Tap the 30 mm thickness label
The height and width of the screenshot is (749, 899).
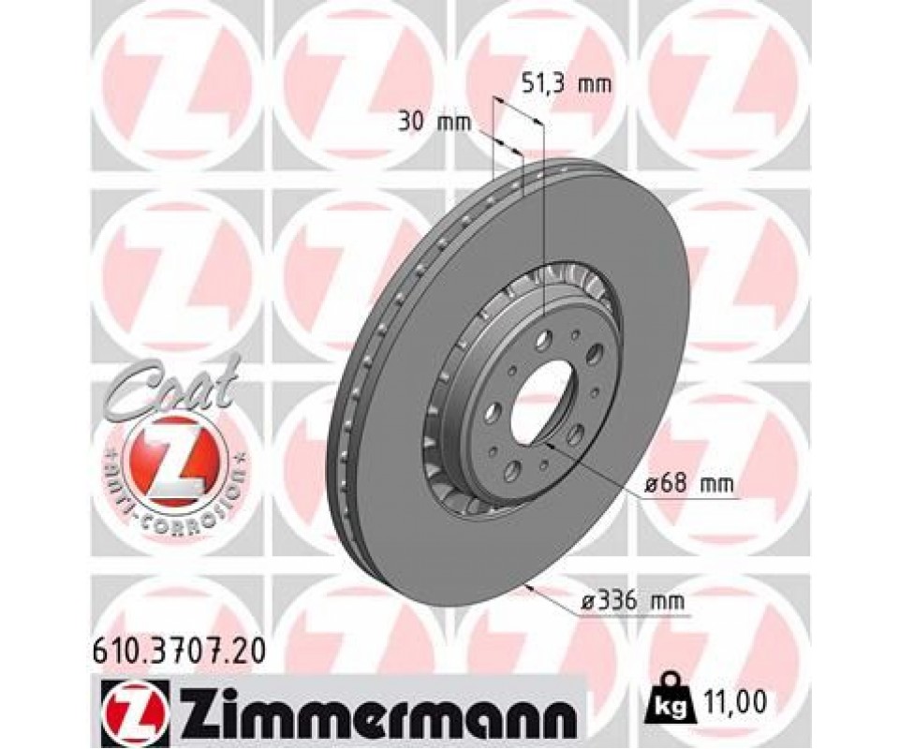pos(435,123)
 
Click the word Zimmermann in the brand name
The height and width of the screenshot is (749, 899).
pos(376,704)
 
